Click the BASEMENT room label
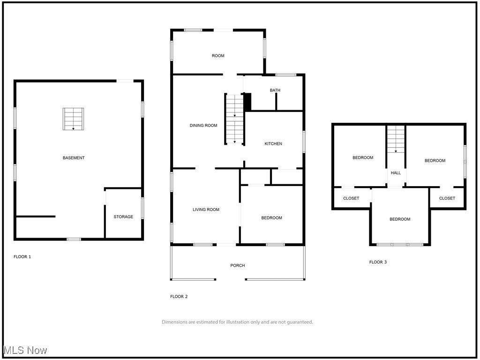coord(74,158)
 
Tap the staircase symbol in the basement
coord(74,119)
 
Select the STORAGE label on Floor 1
coord(123,217)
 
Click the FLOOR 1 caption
coord(22,257)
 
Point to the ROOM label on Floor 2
coord(218,56)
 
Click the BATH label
coord(275,90)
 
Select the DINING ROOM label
coord(203,126)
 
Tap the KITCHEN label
coord(273,144)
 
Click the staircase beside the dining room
coord(234,119)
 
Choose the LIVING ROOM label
coord(206,210)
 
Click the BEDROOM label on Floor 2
coord(271,218)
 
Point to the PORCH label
coord(238,266)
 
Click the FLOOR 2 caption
coord(179,297)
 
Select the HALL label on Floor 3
coord(396,173)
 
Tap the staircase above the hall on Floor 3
coord(396,139)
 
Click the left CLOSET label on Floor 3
coord(351,198)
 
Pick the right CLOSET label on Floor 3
coord(447,198)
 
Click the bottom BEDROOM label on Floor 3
coord(400,219)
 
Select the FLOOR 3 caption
coord(378,262)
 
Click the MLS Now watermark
coord(25,350)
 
